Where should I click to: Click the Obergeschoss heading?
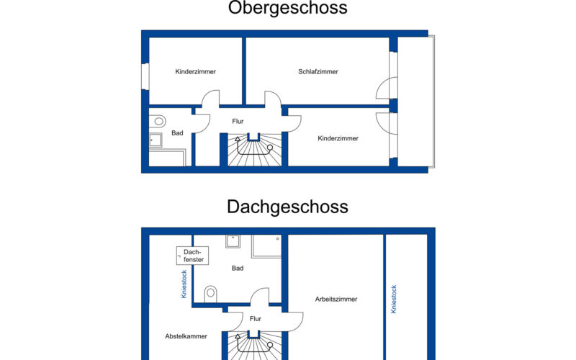(287, 7)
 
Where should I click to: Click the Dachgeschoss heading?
(287, 207)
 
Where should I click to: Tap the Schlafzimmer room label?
(318, 71)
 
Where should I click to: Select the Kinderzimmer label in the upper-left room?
(195, 71)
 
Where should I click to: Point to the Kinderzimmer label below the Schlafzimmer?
(338, 138)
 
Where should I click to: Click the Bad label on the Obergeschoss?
(177, 133)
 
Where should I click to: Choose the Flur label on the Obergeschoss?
(238, 121)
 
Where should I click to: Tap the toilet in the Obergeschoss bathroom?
(158, 121)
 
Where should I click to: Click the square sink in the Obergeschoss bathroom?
(156, 140)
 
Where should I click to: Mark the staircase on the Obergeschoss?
(255, 150)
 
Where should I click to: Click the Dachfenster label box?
(192, 256)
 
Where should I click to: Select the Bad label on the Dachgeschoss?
(238, 269)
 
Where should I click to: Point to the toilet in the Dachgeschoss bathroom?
(210, 293)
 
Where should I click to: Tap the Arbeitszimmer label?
(336, 300)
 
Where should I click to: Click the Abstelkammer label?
(186, 336)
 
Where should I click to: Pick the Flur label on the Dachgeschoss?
(256, 319)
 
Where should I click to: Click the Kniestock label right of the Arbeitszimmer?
(394, 299)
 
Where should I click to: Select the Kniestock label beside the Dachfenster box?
(184, 284)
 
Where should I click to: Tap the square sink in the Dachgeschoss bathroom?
(233, 241)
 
